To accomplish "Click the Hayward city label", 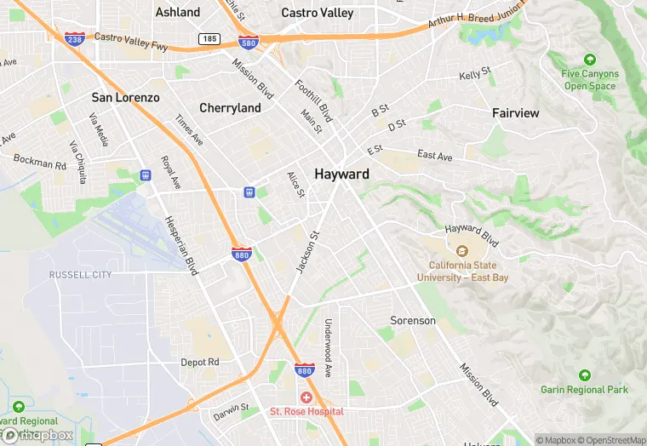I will click(x=341, y=174).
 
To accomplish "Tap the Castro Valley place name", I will click(x=317, y=13).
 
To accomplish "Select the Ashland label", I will click(x=178, y=12).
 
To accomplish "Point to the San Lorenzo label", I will click(x=125, y=98).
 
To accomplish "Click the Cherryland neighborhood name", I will click(x=230, y=108).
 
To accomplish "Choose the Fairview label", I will click(x=515, y=112).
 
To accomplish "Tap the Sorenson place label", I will click(x=413, y=321).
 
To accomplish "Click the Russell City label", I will click(x=80, y=275).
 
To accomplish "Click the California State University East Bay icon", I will click(x=462, y=251).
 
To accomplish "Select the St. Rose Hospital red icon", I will click(x=306, y=397).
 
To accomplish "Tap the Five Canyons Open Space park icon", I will click(x=590, y=60).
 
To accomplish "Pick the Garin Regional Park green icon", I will click(x=584, y=375).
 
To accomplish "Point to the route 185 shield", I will click(x=209, y=39).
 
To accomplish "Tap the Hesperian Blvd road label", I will click(x=180, y=247).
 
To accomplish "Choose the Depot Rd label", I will click(x=200, y=362).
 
